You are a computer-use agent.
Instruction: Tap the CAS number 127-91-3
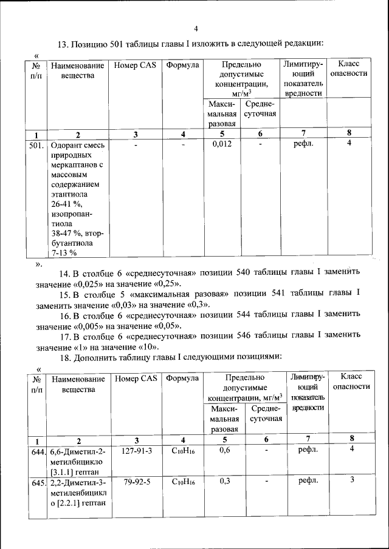click(x=137, y=451)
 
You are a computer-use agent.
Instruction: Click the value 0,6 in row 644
click(x=225, y=451)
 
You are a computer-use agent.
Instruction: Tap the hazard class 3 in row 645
click(x=352, y=480)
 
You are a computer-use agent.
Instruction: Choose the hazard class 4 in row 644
click(x=352, y=449)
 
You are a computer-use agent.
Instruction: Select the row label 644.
click(x=38, y=451)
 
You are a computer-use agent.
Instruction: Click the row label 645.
click(x=38, y=482)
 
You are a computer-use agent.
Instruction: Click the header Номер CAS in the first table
click(x=136, y=65)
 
